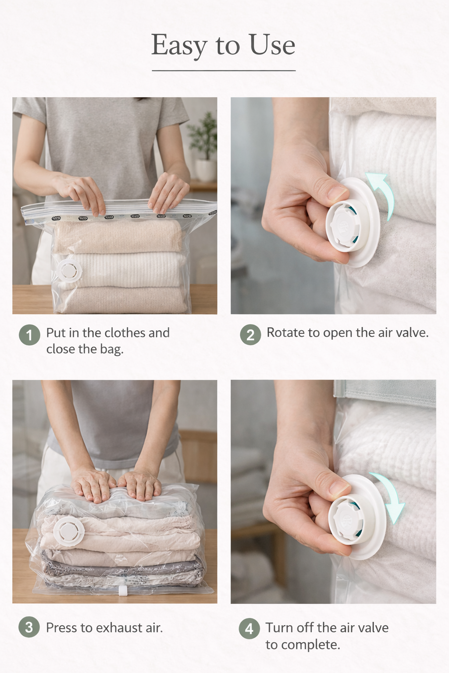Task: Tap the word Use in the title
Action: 272,45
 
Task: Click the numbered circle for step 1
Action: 29,335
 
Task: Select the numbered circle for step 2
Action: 250,335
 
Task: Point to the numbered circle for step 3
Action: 29,627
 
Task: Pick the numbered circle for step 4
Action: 249,629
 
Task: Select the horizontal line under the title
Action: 224,70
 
